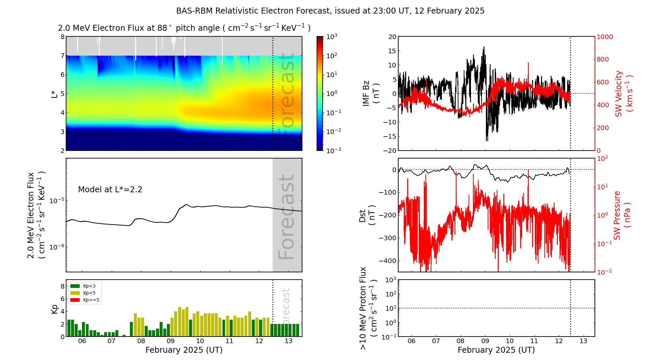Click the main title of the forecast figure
[x=330, y=11]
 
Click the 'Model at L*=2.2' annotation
[x=110, y=190]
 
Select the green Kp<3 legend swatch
[x=75, y=286]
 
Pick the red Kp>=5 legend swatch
[x=75, y=300]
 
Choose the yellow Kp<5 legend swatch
[x=75, y=293]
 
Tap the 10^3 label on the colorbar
[x=331, y=37]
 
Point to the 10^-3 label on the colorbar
[x=333, y=150]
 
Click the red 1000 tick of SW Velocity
[x=604, y=37]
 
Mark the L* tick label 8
[x=62, y=37]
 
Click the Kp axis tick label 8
[x=62, y=286]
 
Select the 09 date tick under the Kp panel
[x=171, y=341]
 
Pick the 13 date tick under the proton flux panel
[x=583, y=341]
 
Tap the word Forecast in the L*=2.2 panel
[x=286, y=216]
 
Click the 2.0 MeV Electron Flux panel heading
[x=184, y=28]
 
